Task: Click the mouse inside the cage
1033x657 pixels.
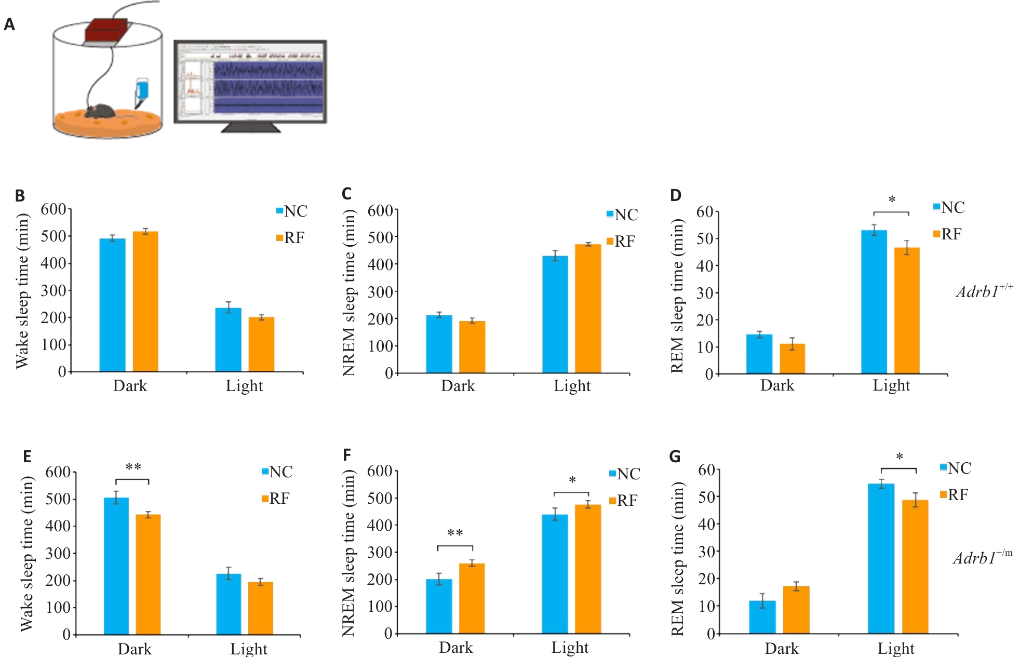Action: (x=100, y=111)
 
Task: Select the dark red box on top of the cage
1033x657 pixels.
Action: (x=106, y=31)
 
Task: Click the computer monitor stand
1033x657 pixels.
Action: (x=251, y=127)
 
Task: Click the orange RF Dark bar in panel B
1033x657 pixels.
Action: (x=145, y=301)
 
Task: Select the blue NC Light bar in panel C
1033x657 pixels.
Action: (x=555, y=314)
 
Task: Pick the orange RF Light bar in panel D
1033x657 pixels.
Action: (x=907, y=310)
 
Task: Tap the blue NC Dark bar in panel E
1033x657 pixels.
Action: (x=116, y=566)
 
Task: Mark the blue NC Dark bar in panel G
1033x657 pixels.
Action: (x=762, y=617)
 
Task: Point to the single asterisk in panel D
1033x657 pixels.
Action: (x=892, y=200)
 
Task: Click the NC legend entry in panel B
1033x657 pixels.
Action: (x=292, y=211)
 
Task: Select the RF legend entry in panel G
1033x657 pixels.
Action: (x=954, y=495)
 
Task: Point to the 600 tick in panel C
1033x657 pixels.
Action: (x=380, y=211)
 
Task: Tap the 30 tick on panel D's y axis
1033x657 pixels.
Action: (x=704, y=293)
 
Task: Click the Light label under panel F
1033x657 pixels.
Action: (x=570, y=648)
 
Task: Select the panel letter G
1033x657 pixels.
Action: (x=675, y=457)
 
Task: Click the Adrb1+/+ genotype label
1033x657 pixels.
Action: (x=984, y=291)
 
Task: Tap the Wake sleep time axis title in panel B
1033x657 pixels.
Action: (x=22, y=291)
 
